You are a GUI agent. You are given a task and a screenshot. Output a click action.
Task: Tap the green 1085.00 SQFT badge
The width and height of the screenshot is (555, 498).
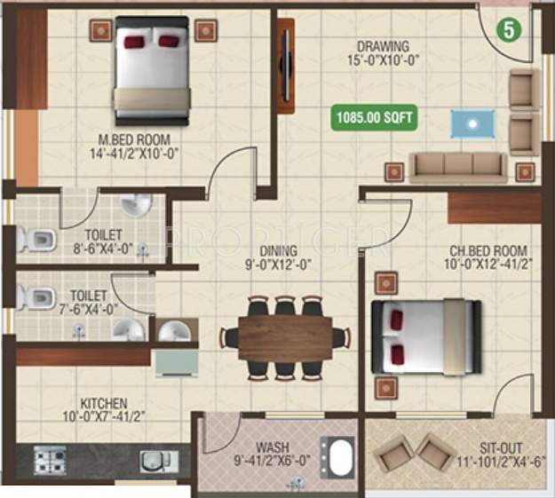(x=374, y=116)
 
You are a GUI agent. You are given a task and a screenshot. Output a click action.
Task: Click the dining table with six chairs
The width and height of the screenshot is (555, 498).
(x=284, y=337)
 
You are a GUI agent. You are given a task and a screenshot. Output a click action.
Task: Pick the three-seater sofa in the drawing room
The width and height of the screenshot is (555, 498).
(x=457, y=165)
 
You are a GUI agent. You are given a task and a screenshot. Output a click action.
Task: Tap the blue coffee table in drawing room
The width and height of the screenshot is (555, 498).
(x=472, y=123)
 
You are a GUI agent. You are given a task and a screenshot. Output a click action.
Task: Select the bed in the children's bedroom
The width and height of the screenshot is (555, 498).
(x=426, y=336)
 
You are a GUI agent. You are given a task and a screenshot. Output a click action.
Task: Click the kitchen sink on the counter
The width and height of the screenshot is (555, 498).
(x=158, y=461)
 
